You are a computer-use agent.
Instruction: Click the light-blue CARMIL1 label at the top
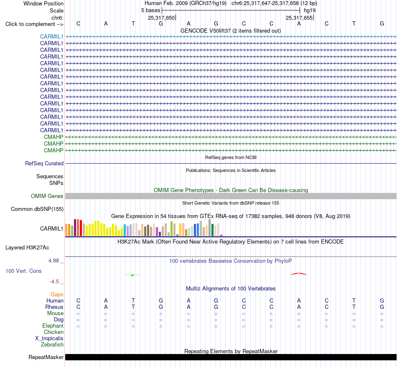51,36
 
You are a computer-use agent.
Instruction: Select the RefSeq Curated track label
44,164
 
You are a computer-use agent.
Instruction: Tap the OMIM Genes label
47,196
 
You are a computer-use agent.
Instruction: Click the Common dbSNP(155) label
37,209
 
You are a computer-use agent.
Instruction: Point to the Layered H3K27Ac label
27,248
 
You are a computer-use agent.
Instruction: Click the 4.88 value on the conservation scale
53,261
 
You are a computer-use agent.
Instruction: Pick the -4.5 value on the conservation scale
54,282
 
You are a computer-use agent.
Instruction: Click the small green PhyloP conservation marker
132,275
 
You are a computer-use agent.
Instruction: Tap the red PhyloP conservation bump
298,274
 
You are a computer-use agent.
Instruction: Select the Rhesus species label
54,307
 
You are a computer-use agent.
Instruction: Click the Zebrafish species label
52,345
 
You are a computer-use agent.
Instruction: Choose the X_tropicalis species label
49,339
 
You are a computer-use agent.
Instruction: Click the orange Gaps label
57,294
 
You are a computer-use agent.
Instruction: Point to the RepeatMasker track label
46,357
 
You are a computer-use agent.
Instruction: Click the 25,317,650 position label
161,18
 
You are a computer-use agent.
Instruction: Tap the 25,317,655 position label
299,18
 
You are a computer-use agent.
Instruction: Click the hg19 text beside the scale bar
310,10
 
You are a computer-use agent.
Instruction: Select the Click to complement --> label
34,24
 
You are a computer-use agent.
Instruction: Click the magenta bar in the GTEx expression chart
221,236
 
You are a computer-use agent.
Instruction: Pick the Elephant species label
53,326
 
